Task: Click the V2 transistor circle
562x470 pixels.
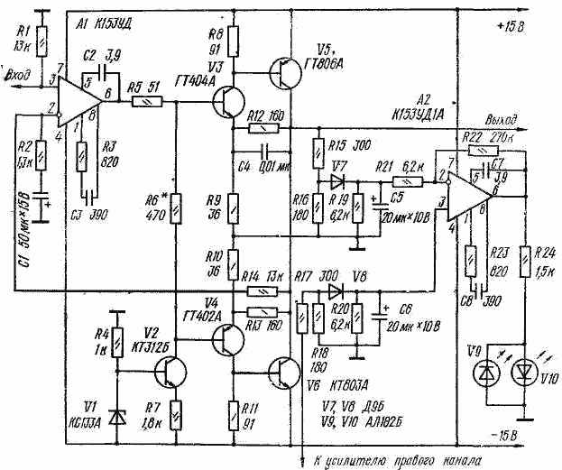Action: click(x=170, y=370)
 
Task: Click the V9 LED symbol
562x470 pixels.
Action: click(x=488, y=372)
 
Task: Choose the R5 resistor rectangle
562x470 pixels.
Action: click(x=143, y=103)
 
